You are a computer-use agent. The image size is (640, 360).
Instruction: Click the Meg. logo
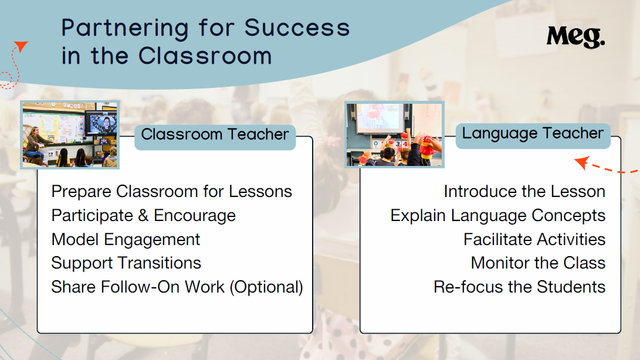click(575, 37)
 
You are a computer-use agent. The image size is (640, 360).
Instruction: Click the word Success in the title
click(297, 28)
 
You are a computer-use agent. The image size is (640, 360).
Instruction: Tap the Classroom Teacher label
click(215, 134)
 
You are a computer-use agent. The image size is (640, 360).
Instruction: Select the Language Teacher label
click(533, 133)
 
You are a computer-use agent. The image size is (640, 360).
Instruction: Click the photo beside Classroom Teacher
click(70, 135)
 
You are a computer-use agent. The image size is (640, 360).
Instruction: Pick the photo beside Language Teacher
click(394, 134)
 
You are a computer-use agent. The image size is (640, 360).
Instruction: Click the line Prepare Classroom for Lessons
click(171, 191)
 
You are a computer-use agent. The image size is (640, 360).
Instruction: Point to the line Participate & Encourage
click(144, 216)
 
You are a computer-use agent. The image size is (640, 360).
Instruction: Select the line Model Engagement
click(126, 240)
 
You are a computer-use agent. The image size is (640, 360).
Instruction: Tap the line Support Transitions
click(126, 263)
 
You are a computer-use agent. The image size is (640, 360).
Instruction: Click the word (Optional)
click(266, 287)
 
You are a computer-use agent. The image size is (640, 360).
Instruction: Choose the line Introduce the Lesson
click(524, 191)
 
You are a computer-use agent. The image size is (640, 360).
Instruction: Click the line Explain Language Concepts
click(498, 216)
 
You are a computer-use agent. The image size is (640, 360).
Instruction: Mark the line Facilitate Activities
click(534, 240)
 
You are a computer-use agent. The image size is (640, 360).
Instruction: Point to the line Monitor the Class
click(538, 263)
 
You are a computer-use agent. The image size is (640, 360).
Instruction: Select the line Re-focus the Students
click(519, 287)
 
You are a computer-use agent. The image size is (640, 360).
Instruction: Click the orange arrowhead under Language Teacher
click(582, 162)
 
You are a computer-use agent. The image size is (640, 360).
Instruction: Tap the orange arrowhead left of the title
click(21, 46)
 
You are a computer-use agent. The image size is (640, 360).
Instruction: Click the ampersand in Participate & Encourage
click(143, 216)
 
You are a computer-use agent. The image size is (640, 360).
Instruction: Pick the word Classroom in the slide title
click(205, 56)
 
